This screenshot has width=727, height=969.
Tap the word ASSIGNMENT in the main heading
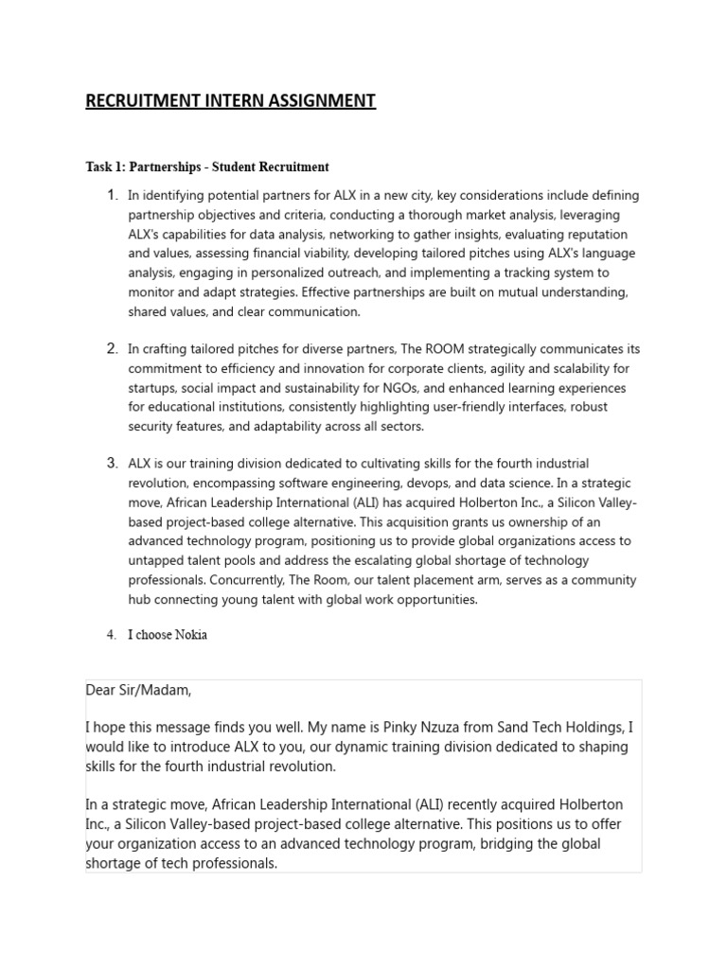tap(317, 101)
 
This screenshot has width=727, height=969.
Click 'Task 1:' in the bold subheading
tap(111, 167)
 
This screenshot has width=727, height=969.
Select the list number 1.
tap(112, 195)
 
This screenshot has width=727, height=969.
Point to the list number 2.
tap(112, 348)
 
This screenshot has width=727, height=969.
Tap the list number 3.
tap(112, 464)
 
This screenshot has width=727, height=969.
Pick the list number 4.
tap(111, 635)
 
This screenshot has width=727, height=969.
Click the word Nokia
tap(189, 635)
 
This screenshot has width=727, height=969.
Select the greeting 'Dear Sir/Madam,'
tap(138, 691)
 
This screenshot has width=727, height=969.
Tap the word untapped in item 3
tap(157, 561)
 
